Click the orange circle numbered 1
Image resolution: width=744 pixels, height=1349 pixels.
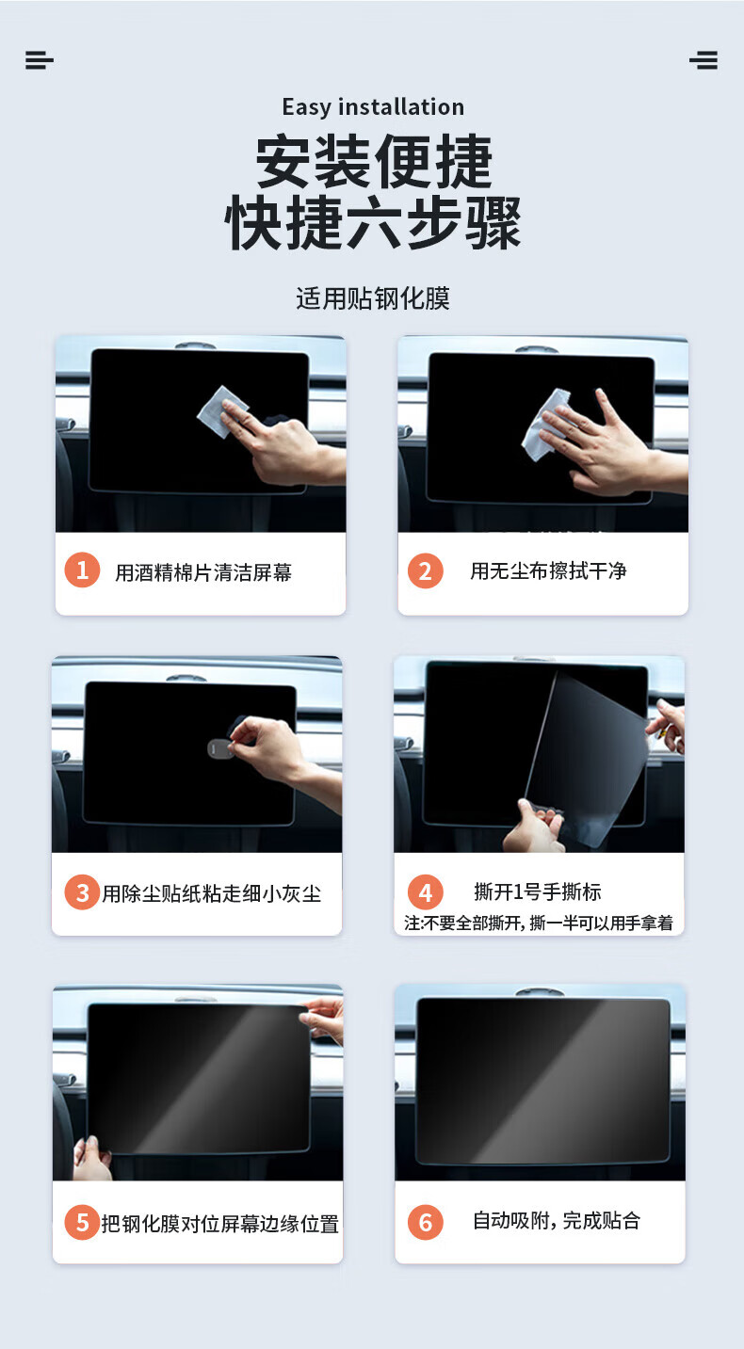tap(82, 570)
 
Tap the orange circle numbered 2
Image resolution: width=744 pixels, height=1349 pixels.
tap(425, 570)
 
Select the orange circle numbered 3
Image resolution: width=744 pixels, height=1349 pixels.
tap(82, 892)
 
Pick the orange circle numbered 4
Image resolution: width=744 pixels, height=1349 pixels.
tap(425, 892)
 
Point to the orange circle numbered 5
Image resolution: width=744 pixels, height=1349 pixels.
tap(82, 1222)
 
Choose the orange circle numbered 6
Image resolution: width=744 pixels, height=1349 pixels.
tap(425, 1222)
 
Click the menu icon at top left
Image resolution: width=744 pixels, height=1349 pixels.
tap(40, 60)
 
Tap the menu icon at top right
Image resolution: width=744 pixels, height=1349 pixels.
tap(704, 60)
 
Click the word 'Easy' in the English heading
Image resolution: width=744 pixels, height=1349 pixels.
tap(307, 108)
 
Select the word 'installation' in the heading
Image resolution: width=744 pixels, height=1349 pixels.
tap(401, 106)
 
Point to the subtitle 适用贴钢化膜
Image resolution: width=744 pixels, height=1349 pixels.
tap(373, 298)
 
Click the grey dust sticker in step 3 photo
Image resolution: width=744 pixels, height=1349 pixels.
tap(220, 749)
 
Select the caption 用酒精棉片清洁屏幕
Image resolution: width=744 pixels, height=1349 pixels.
tap(203, 572)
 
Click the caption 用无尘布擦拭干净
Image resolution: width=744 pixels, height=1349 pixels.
tap(548, 570)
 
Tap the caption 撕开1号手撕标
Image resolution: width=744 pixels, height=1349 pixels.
tap(538, 891)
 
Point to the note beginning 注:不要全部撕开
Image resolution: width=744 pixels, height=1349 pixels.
tap(539, 923)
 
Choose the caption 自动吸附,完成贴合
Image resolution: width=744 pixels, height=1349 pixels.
tap(556, 1221)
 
